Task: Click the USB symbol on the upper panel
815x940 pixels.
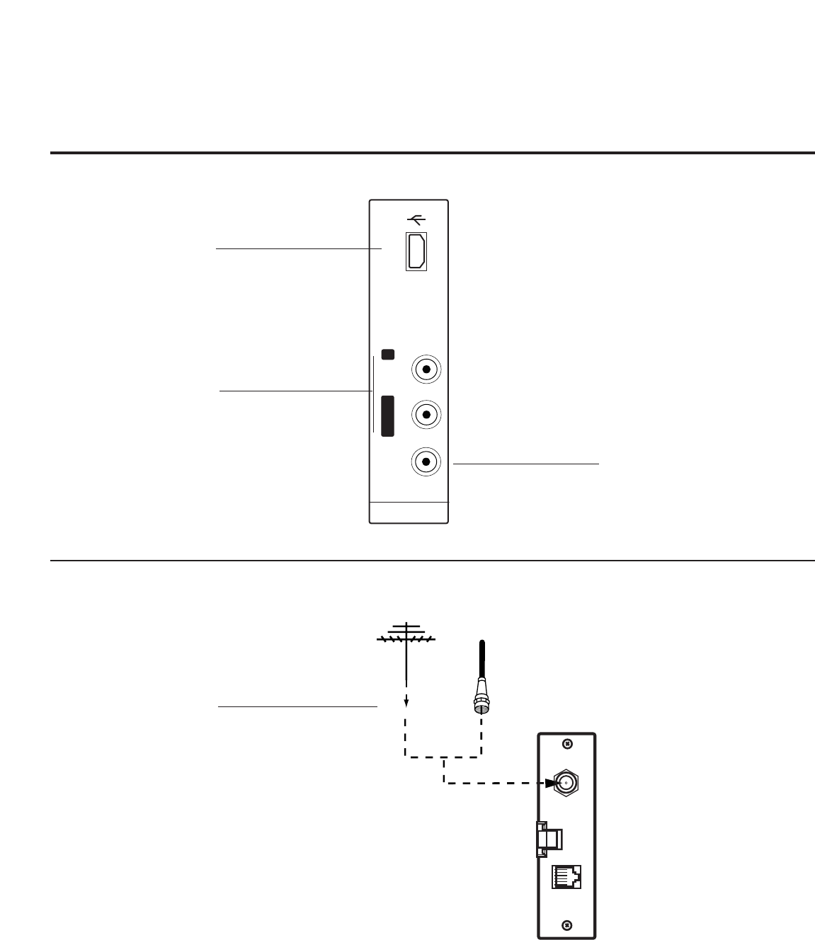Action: coord(416,219)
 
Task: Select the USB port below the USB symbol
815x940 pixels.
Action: coord(416,251)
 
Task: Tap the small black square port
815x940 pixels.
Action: coord(387,353)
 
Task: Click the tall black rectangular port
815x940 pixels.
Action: coord(387,415)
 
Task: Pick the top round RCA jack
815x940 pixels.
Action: coord(426,369)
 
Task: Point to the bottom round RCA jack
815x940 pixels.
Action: coord(426,462)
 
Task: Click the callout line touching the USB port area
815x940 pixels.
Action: coord(297,248)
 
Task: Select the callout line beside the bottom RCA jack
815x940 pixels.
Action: coord(525,464)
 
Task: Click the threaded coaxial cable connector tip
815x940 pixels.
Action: coord(481,704)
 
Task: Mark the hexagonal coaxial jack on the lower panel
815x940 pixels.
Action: coord(566,782)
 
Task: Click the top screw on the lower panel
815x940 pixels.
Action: coord(566,744)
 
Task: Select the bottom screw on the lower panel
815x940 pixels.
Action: coord(566,925)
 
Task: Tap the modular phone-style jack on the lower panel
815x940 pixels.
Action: coord(566,878)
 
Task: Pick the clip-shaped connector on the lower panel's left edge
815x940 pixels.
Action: coord(549,837)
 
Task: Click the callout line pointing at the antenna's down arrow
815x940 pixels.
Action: coord(297,706)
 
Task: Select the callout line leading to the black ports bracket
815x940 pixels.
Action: coord(296,390)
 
